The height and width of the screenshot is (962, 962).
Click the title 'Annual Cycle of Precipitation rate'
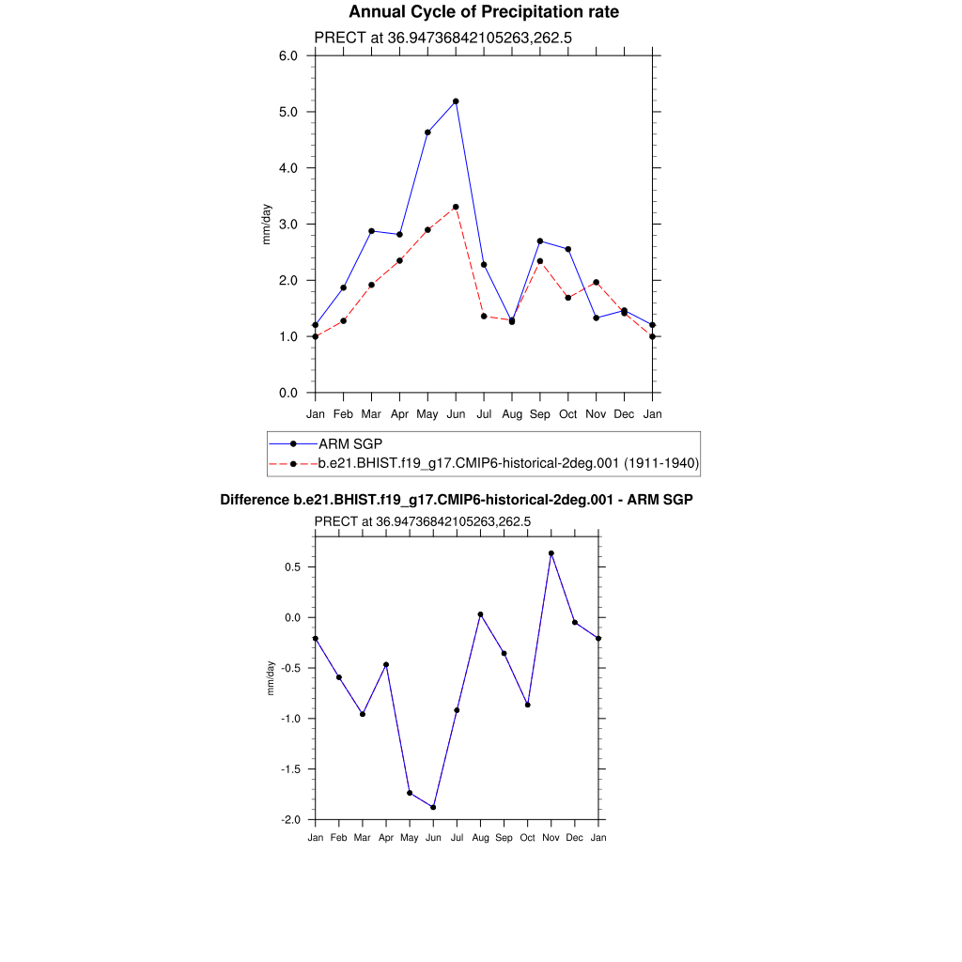(x=484, y=12)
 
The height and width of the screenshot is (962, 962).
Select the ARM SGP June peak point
(x=456, y=101)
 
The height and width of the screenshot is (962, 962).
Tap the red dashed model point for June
(x=456, y=207)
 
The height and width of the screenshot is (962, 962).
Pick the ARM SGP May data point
(x=427, y=132)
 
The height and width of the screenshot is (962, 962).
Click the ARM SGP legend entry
(x=349, y=443)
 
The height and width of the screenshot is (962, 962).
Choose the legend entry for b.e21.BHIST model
(x=508, y=463)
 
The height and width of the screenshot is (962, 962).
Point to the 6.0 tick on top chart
(x=289, y=55)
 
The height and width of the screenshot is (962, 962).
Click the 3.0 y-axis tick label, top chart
(x=289, y=225)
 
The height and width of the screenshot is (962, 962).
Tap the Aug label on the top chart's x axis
(x=512, y=413)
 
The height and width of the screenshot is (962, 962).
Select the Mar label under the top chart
(x=371, y=413)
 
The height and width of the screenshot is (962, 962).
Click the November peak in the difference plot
(x=551, y=553)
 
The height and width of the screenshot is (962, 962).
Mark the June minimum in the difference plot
(x=433, y=807)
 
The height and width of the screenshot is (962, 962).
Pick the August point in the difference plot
(x=480, y=614)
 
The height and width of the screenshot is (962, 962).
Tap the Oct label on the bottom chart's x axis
(x=527, y=837)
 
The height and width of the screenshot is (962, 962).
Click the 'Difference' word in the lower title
(x=248, y=501)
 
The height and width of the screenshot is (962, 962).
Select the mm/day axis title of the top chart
(x=267, y=225)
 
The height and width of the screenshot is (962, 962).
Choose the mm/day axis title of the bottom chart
(x=272, y=677)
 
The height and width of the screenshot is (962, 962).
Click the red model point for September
(x=540, y=261)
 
